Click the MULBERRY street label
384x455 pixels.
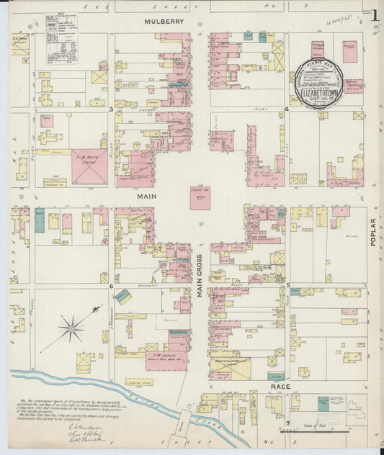(x=164, y=22)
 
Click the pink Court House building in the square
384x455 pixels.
(x=200, y=197)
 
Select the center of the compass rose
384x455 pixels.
(x=71, y=330)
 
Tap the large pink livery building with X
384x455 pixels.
(x=90, y=168)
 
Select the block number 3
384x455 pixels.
(x=110, y=109)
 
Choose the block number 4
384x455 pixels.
(x=287, y=109)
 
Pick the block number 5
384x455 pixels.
(x=288, y=286)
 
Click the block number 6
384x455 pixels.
(x=111, y=286)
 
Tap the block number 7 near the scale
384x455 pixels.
(x=287, y=422)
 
